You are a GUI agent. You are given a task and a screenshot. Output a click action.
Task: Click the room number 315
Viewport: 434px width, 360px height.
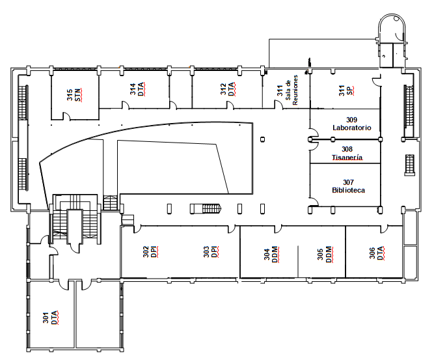pos(70,95)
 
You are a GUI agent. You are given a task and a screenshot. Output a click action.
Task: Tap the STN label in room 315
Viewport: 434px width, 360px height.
pos(78,95)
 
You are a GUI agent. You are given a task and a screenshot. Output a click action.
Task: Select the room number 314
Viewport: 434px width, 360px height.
pos(133,89)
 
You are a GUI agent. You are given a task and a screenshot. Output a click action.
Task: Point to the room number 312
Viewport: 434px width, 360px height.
pos(223,89)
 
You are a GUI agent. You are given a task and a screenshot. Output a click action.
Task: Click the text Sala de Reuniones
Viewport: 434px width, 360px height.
pos(292,90)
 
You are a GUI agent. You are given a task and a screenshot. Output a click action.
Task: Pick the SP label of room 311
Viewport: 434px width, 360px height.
pos(350,91)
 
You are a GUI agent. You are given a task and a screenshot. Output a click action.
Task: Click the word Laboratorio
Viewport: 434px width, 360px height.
pos(352,128)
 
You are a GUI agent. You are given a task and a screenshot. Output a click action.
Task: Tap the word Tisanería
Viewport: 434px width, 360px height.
pos(347,158)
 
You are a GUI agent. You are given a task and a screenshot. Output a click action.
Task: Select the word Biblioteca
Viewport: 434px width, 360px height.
pos(349,190)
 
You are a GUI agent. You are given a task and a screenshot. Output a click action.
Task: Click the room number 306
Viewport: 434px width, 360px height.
pos(372,253)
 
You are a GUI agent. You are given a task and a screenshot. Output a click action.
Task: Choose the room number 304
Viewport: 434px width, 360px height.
pos(267,255)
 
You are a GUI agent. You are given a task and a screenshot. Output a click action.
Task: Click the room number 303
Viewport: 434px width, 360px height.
pos(206,252)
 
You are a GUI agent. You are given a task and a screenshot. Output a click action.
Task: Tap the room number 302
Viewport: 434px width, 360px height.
pos(146,252)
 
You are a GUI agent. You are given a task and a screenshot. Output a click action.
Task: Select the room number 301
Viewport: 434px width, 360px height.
pos(46,317)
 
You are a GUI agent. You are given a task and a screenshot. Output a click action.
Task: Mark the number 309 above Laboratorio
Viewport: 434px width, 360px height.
pos(351,120)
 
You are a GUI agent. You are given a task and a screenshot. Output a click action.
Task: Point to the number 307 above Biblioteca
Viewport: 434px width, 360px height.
pos(348,182)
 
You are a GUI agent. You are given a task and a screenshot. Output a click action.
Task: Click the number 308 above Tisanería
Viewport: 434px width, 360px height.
pos(347,150)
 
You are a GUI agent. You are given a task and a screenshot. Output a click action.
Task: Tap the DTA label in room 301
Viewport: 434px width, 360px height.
pos(55,317)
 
